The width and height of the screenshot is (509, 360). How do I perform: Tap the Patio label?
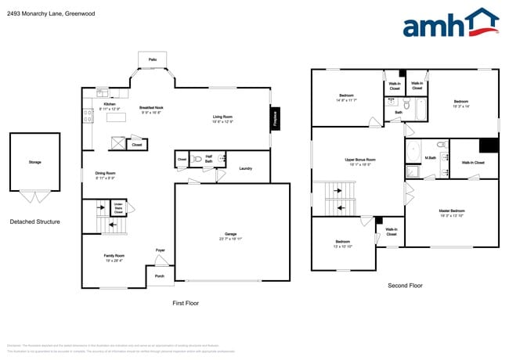click(152, 59)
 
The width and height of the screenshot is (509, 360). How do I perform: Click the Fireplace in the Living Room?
click(275, 118)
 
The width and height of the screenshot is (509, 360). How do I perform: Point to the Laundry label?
click(245, 168)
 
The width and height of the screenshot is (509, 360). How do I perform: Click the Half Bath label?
click(209, 157)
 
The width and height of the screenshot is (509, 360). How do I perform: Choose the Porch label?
click(160, 276)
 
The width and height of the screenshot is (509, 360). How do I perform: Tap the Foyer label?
click(161, 250)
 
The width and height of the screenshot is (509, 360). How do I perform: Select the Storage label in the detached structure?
click(34, 162)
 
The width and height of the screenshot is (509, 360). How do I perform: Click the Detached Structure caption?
click(34, 221)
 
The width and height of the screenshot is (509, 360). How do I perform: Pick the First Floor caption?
click(186, 302)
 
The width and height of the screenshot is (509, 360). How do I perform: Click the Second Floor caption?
click(405, 286)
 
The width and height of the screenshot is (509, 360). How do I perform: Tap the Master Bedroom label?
click(451, 211)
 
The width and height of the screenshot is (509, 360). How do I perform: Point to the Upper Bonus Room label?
click(360, 161)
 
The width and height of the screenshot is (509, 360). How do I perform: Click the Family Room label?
click(115, 257)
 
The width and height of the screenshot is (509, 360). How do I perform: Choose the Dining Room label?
click(106, 174)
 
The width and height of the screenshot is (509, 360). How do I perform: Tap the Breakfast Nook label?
click(151, 109)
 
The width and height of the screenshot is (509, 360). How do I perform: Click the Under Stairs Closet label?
click(118, 208)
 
